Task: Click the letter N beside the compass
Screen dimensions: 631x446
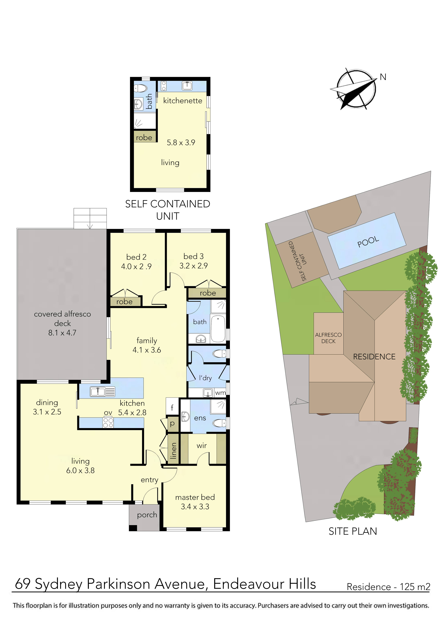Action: (x=383, y=77)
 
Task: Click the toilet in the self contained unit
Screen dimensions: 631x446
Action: (x=141, y=88)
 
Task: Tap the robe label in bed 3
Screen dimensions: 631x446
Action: (x=208, y=293)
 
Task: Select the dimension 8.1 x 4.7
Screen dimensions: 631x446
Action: (x=62, y=333)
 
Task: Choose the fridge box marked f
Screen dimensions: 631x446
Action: (x=172, y=407)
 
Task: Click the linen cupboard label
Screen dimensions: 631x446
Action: (x=173, y=451)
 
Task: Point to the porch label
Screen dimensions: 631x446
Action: (x=147, y=515)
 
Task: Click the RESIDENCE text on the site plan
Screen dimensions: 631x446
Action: (x=374, y=357)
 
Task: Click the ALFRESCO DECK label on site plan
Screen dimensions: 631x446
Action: (x=328, y=338)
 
